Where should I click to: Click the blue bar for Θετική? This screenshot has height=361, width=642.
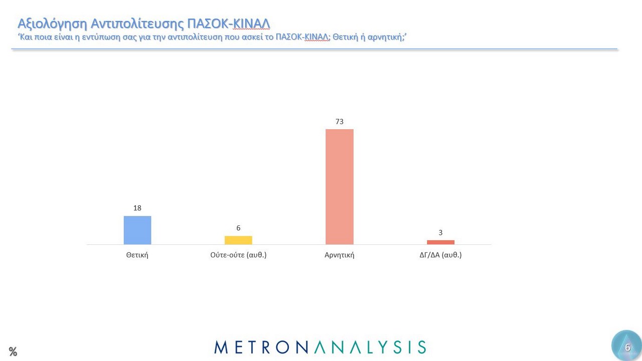coord(137,230)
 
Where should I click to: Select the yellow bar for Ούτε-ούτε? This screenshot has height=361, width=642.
coord(238,240)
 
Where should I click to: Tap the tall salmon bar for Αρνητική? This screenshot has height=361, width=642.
coord(340,187)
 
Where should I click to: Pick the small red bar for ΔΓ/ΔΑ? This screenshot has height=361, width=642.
coord(440,242)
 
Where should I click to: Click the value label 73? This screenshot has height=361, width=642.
coord(340,121)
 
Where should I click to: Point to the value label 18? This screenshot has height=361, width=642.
coord(137,208)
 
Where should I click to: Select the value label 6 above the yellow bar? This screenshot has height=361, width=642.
coord(238,228)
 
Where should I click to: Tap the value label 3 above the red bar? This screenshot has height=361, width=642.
coord(440,232)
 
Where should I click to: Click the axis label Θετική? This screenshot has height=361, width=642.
coord(137,255)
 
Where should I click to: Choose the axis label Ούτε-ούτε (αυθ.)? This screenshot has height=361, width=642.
coord(238,255)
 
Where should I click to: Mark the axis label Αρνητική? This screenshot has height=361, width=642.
coord(340,255)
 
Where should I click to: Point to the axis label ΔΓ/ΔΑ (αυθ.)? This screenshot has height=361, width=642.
coord(440,255)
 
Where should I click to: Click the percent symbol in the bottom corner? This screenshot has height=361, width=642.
coord(13,351)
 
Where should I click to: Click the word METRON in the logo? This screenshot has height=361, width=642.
coord(259,347)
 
